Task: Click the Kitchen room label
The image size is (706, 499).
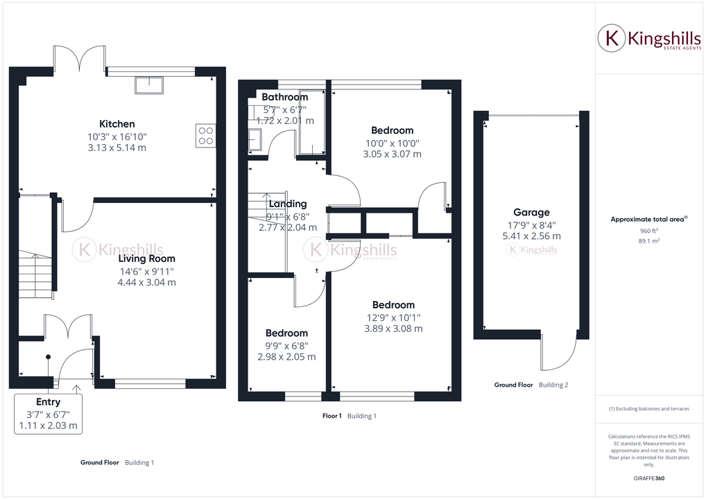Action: pos(117,124)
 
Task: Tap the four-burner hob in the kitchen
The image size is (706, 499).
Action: pos(206,134)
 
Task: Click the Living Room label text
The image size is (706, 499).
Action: pos(146,259)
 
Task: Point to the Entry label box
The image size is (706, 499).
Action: pos(48,414)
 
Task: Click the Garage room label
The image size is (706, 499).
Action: pos(531,213)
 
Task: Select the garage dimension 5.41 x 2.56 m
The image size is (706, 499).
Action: pos(531,236)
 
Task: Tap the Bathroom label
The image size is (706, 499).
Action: pos(284,97)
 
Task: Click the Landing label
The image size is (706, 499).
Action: pos(288,204)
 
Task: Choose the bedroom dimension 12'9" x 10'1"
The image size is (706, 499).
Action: pos(393,317)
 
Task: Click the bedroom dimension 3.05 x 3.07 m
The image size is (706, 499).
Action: pos(392,155)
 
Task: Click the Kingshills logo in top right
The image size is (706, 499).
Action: pos(648,40)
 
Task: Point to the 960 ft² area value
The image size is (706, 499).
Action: pos(648,231)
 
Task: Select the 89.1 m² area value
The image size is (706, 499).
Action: pos(648,241)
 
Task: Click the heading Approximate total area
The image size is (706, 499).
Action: pos(648,220)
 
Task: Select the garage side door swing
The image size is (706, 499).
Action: pos(560,353)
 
